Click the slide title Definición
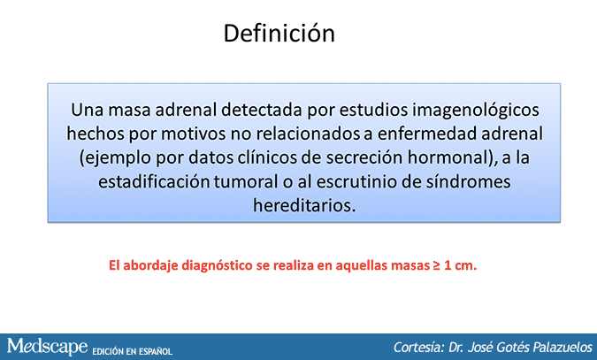tap(279, 33)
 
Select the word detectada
tap(262, 110)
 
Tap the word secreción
tap(364, 157)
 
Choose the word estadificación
tap(154, 181)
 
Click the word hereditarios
tap(304, 205)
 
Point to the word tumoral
tap(246, 181)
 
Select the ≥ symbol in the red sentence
tap(436, 265)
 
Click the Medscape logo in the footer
tap(47, 346)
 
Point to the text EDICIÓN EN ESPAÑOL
tap(132, 351)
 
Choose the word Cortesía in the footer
tap(419, 348)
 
